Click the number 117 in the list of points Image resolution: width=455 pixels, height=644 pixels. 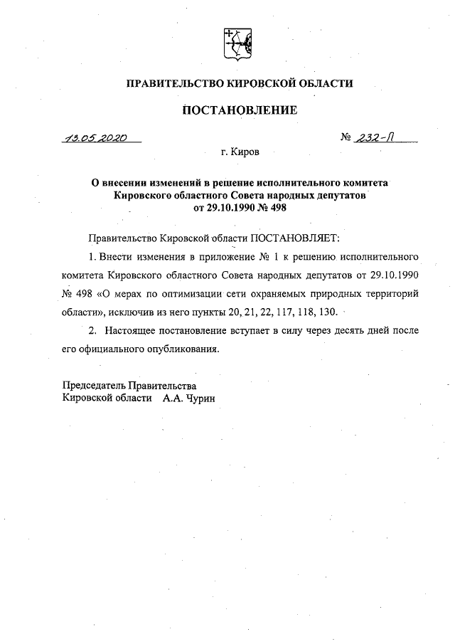pyautogui.click(x=267, y=311)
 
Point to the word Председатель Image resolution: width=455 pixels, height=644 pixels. pyautogui.click(x=95, y=386)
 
